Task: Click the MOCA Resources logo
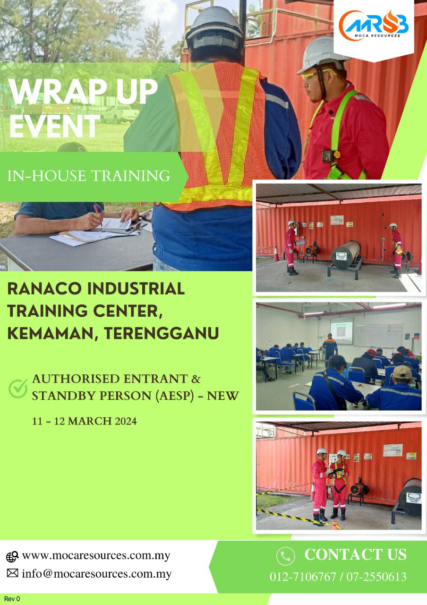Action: point(374,26)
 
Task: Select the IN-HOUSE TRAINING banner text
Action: point(89,176)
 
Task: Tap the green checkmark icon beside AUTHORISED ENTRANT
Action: point(18,388)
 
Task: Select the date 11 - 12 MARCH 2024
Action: point(85,421)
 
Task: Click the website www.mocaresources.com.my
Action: point(96,556)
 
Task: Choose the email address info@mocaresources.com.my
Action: point(96,574)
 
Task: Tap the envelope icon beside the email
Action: point(13,573)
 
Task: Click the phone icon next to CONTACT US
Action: point(285,556)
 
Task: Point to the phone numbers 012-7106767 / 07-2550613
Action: point(338,577)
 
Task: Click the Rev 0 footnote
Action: point(12,599)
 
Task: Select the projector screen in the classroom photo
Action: point(342,331)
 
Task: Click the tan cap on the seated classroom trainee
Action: point(401,372)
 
